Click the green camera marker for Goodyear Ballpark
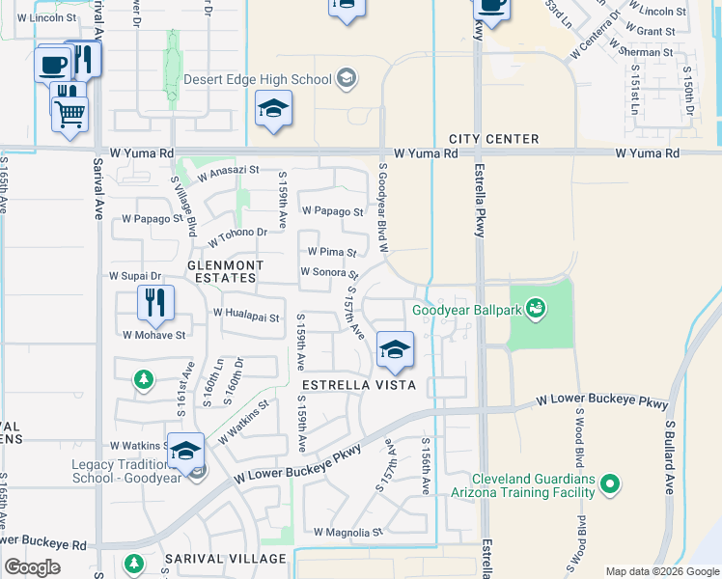(x=536, y=310)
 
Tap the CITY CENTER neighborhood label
(x=493, y=139)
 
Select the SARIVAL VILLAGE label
(x=225, y=559)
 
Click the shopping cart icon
(x=69, y=114)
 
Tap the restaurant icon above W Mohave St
(x=155, y=302)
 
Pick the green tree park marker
(x=144, y=379)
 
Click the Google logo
(x=33, y=567)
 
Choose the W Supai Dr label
(x=135, y=276)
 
